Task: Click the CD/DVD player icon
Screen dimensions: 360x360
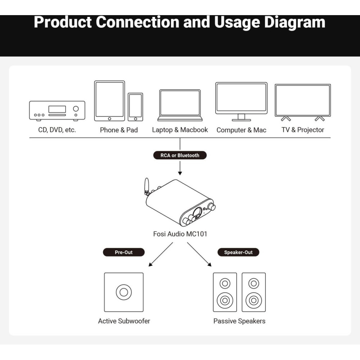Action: click(x=57, y=111)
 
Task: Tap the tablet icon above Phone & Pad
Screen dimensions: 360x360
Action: click(x=109, y=101)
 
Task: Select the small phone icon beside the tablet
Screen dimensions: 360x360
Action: click(x=135, y=107)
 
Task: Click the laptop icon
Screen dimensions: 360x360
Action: click(x=180, y=105)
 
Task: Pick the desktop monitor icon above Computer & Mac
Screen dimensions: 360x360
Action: click(x=241, y=101)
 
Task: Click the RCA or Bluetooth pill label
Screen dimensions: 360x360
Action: click(x=180, y=156)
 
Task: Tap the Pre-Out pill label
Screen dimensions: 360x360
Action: click(x=124, y=252)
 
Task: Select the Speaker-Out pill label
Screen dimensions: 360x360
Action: click(x=238, y=252)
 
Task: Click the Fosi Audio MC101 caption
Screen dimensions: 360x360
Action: click(x=180, y=234)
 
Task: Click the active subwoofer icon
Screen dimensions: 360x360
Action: click(x=123, y=292)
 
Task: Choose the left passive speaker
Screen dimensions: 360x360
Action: click(x=225, y=292)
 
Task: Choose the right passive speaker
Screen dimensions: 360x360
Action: click(x=254, y=292)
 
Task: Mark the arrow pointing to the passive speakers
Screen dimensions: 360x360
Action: click(x=199, y=255)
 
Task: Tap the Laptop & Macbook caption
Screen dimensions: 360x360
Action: click(x=180, y=130)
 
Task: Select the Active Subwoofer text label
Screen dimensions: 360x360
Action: click(x=124, y=321)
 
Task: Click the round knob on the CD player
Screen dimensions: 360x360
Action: click(x=76, y=109)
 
